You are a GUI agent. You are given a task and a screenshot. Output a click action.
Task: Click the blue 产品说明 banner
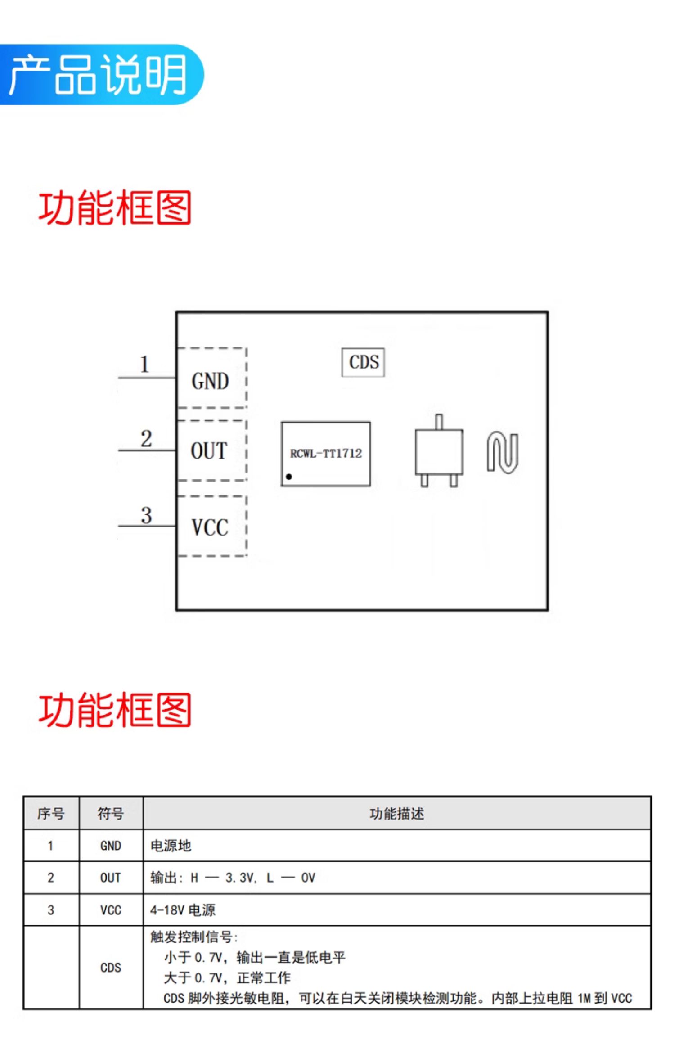click(x=102, y=75)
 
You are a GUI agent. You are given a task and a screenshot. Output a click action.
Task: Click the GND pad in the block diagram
click(x=211, y=378)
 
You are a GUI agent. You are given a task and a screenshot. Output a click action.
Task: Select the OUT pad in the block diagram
click(x=211, y=450)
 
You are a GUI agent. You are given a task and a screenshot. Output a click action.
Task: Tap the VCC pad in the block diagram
click(x=211, y=526)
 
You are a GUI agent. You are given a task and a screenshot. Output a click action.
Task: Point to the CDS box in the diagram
click(x=363, y=362)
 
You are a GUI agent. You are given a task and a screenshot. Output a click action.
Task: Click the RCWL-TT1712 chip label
click(x=326, y=453)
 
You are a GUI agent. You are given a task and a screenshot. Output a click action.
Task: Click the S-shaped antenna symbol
click(x=503, y=452)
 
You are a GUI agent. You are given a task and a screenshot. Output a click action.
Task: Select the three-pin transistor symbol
click(x=439, y=451)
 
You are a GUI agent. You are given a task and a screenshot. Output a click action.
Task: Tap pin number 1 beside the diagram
click(x=144, y=364)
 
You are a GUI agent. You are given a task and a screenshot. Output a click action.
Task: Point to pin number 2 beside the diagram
click(x=146, y=439)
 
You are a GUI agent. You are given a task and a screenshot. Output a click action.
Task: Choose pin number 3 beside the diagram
click(x=146, y=515)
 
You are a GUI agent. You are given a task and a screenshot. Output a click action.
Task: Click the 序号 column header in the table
click(x=51, y=814)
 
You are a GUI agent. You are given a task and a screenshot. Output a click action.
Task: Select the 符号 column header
click(x=111, y=814)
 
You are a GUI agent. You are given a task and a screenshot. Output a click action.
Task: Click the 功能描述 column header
click(x=397, y=814)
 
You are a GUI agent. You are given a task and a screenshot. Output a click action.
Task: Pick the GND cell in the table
click(x=111, y=846)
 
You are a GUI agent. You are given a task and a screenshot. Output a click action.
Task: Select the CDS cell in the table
click(x=111, y=968)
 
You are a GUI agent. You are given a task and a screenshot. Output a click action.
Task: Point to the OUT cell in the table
click(x=111, y=878)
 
